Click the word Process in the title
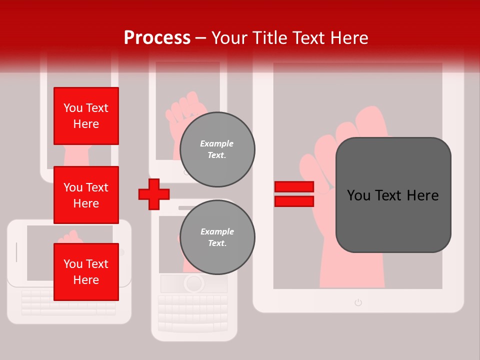pos(157,37)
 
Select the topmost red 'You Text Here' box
pos(86,116)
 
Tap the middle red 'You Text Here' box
pos(86,195)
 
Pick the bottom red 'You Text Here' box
pos(86,271)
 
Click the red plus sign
pos(154,194)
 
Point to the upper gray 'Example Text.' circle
pos(217,149)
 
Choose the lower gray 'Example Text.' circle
pos(217,237)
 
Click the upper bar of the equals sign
pos(294,186)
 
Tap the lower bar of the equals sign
pos(294,201)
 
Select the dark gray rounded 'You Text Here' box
pos(393,195)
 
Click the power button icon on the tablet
pos(358,302)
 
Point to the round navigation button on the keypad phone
pos(193,283)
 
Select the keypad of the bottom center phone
pos(194,312)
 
